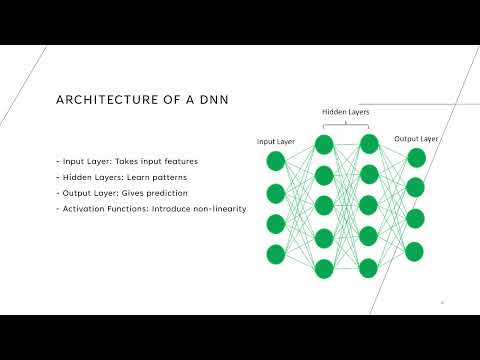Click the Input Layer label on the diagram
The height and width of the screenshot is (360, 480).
coord(276,142)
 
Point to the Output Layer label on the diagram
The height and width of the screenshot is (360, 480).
coord(415,138)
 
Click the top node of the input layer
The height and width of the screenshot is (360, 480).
coord(276,161)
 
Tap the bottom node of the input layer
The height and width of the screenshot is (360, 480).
coord(276,254)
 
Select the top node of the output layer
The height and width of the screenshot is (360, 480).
coord(415,157)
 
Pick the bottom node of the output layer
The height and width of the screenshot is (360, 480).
coord(415,251)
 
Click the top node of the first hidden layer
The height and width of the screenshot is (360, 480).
coord(324,145)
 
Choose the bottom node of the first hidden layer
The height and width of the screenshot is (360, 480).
coord(324,268)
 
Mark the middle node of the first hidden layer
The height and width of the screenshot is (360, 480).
coord(324,206)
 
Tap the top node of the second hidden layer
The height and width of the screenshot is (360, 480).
coord(369,145)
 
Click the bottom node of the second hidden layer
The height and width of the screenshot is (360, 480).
coord(369,268)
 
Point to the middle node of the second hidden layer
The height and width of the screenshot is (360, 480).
coord(369,206)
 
